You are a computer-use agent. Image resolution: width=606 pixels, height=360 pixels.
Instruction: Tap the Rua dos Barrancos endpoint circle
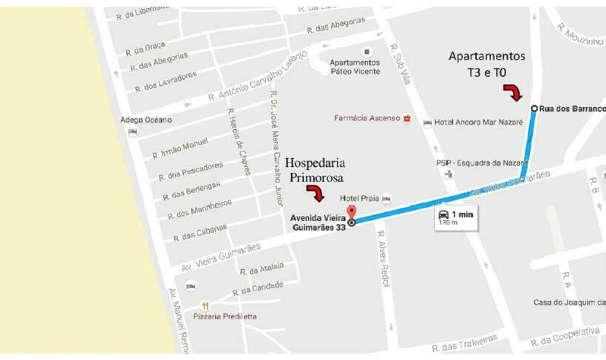(x=534, y=109)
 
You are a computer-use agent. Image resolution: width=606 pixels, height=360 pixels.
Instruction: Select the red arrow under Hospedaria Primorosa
(x=316, y=194)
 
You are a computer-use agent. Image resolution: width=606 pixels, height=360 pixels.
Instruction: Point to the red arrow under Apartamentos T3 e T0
(x=512, y=92)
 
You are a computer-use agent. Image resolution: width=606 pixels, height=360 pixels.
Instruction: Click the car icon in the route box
(x=443, y=214)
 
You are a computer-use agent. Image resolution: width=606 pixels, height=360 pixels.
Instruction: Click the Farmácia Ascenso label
(x=367, y=118)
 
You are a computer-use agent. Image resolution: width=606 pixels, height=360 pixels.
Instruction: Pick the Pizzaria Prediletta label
(x=225, y=316)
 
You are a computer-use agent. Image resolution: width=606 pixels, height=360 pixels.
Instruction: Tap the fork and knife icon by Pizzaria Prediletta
(x=205, y=305)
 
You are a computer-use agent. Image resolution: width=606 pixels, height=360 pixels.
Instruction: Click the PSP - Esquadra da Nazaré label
(x=481, y=163)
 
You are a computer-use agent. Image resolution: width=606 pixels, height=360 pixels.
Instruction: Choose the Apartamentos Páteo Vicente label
(x=355, y=67)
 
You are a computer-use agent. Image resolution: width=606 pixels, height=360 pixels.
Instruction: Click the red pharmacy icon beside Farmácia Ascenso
(x=406, y=118)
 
